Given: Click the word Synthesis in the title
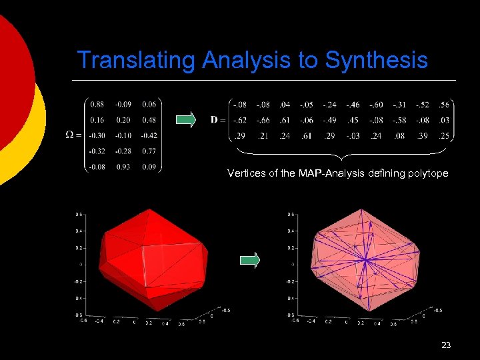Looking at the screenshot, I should point(376,61).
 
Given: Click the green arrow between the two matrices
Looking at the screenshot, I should point(186,120).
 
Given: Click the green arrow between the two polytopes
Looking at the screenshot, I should point(249,261).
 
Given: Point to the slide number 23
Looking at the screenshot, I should point(446,345).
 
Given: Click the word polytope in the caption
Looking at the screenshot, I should point(427,173).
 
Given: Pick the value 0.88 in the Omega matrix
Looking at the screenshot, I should point(97,104).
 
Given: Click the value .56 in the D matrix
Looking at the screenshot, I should point(444,105).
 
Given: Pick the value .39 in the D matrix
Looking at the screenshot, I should point(423,137).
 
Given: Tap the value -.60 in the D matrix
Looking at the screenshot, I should point(376,105).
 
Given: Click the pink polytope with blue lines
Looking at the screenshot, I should point(365,260).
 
